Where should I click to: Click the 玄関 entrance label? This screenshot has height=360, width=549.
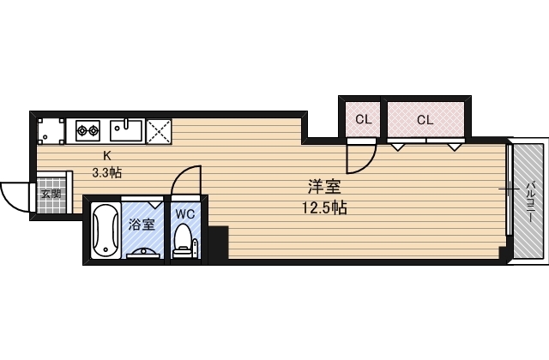[50, 194]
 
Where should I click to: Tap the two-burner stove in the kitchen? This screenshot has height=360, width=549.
[88, 131]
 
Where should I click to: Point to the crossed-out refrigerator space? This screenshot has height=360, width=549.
[159, 130]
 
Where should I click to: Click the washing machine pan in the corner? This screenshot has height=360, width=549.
[51, 131]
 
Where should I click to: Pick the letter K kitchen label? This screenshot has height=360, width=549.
[107, 156]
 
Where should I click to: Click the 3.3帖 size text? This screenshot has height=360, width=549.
[107, 171]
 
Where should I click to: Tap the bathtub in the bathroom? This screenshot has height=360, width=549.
[105, 231]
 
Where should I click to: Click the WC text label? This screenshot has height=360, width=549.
[185, 214]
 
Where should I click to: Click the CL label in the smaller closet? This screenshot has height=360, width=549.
[363, 120]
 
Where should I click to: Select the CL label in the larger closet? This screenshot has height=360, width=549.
[425, 120]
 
